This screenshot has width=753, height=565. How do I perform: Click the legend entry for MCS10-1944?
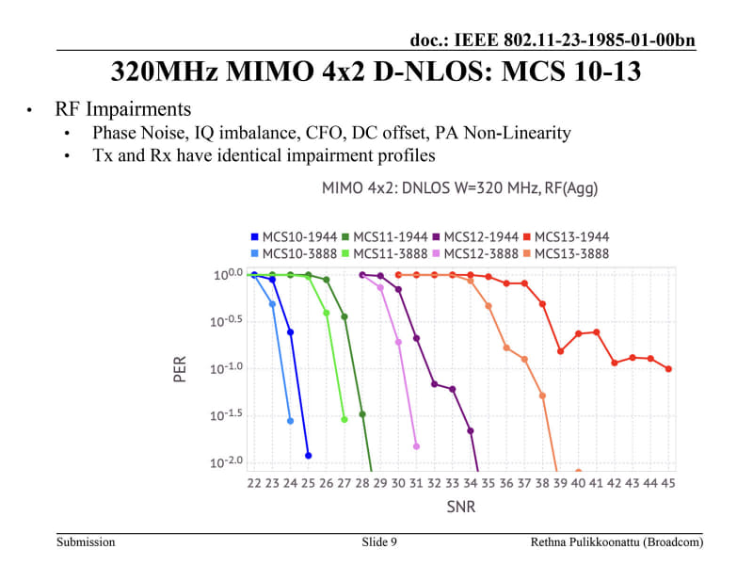294,236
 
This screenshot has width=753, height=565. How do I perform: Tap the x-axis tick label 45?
667,483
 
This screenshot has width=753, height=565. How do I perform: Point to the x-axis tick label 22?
254,483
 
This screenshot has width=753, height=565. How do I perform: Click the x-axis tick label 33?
452,483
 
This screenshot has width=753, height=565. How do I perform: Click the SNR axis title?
460,507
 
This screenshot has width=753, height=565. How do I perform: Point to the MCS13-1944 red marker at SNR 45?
668,369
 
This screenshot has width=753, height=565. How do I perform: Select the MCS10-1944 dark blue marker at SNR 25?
308,456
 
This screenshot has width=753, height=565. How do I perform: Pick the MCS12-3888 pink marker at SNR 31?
416,446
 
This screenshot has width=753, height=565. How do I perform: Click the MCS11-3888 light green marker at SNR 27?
344,419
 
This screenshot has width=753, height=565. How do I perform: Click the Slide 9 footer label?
379,542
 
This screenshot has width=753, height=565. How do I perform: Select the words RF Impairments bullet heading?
123,109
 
